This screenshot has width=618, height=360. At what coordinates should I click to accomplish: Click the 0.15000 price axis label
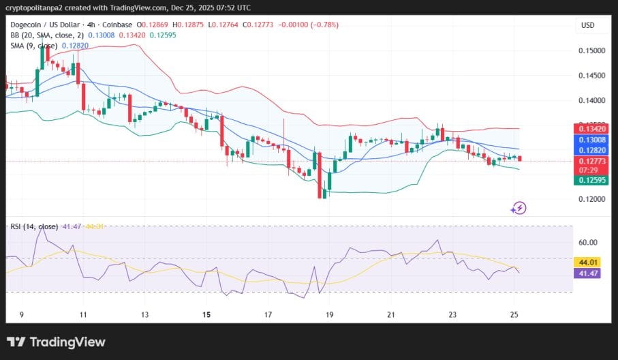[591, 50]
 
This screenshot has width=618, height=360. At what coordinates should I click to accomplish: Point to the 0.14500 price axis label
[591, 76]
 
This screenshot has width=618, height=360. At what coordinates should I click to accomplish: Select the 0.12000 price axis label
[591, 199]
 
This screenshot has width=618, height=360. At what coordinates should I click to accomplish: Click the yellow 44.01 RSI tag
[588, 262]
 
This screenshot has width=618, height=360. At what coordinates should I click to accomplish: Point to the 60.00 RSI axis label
[588, 242]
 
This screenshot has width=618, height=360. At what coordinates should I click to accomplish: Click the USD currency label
[587, 25]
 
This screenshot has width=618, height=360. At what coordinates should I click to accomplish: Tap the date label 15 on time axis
[207, 315]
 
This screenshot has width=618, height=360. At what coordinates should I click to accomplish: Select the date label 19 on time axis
[330, 315]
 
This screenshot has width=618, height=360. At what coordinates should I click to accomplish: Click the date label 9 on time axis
[22, 315]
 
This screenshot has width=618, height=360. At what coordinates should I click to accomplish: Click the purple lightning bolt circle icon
[519, 208]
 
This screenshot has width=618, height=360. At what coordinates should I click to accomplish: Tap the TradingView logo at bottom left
[56, 342]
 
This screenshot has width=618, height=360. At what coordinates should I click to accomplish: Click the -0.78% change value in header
[324, 25]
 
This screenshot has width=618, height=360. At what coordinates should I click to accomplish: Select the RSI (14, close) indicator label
[32, 226]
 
